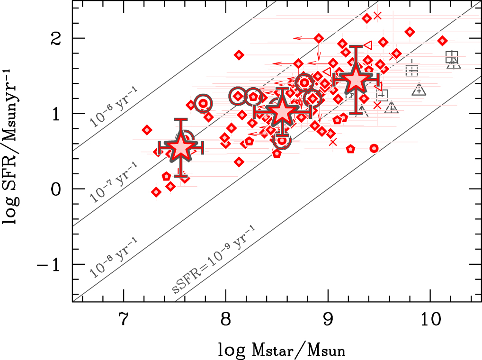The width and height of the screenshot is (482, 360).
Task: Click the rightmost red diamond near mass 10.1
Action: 443,41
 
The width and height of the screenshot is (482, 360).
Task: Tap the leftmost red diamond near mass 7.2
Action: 147,130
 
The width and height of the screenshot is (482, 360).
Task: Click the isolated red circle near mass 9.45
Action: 374,148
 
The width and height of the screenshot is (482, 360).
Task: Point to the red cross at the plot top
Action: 377,15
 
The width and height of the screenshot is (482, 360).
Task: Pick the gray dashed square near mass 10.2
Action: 452,56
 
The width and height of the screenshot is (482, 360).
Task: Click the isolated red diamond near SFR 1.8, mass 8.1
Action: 239,55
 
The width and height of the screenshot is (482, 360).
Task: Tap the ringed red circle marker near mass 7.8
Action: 203,103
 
